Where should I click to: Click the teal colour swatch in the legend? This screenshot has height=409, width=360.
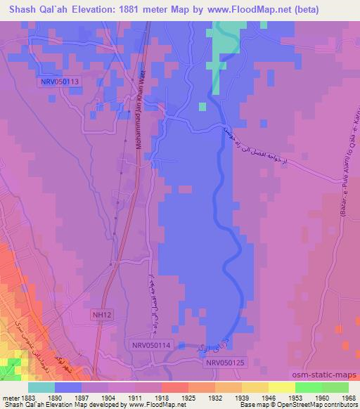point(41,387)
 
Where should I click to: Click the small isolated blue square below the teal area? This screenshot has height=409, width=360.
point(202,107)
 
